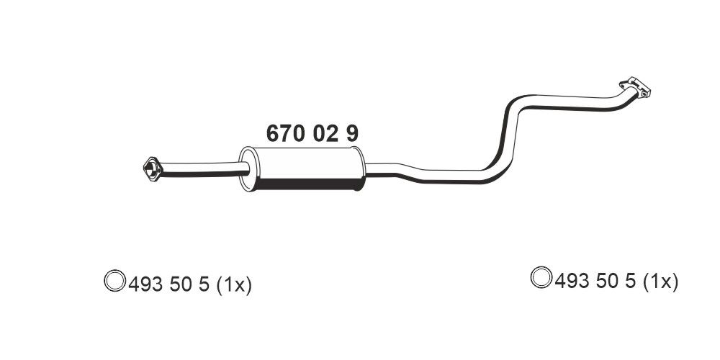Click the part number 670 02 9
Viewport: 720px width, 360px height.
pyautogui.click(x=312, y=133)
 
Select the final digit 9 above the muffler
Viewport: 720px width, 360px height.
pyautogui.click(x=351, y=133)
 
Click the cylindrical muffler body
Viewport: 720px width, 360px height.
pyautogui.click(x=302, y=167)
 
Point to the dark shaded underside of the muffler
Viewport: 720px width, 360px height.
pyautogui.click(x=306, y=186)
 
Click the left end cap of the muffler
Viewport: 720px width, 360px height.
pyautogui.click(x=246, y=170)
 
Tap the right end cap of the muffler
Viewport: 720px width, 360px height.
pyautogui.click(x=359, y=170)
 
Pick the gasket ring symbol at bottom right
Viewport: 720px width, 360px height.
pyautogui.click(x=541, y=277)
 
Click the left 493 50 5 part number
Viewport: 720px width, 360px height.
pyautogui.click(x=168, y=284)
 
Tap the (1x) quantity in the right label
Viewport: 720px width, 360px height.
pyautogui.click(x=660, y=282)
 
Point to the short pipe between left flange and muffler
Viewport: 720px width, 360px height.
pyautogui.click(x=202, y=169)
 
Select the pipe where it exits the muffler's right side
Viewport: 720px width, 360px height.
pyautogui.click(x=382, y=170)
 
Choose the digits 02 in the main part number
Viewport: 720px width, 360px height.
pyautogui.click(x=325, y=133)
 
